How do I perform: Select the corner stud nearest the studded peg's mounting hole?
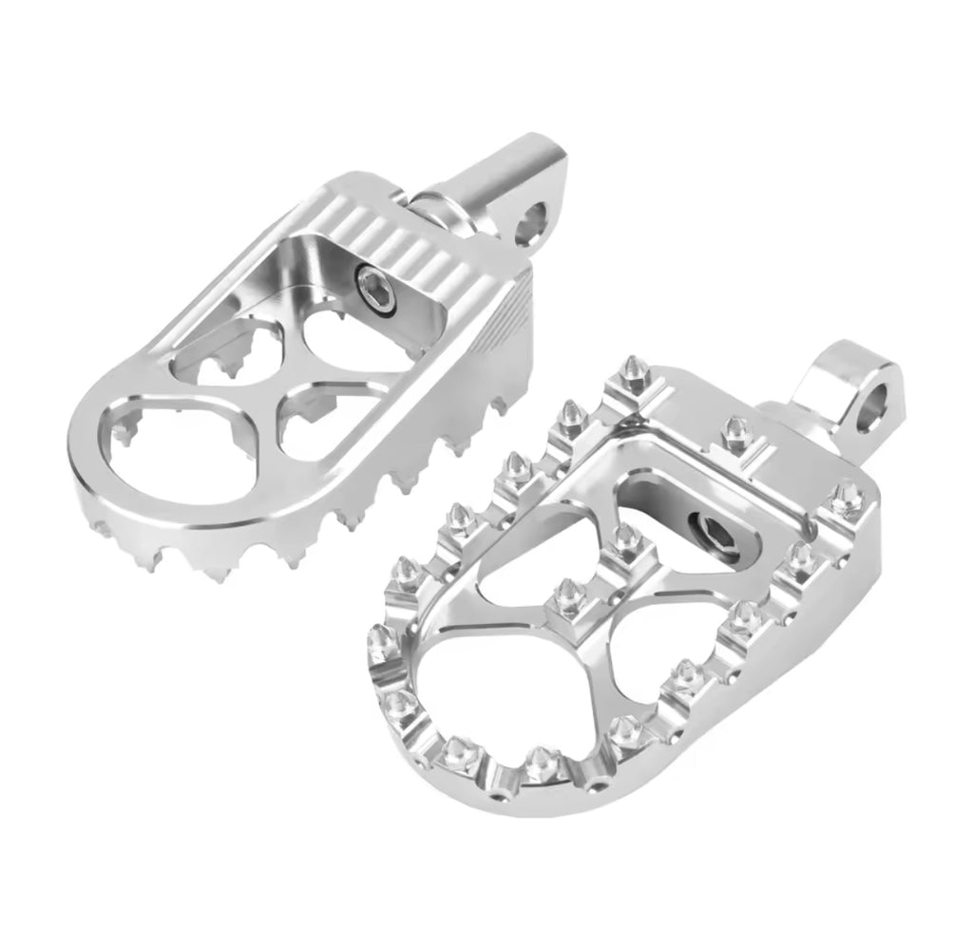(x=845, y=494)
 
